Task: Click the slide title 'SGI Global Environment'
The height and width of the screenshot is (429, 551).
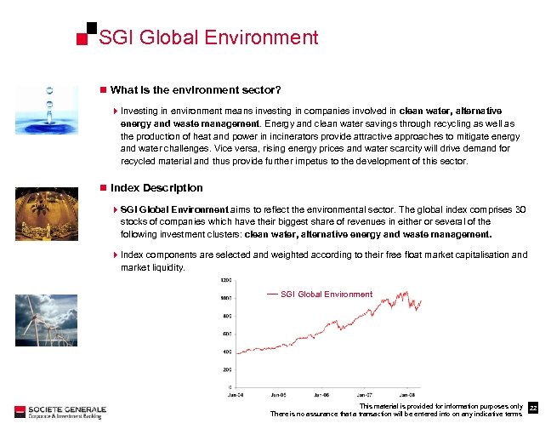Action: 208,37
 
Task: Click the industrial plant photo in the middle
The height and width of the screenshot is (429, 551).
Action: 50,214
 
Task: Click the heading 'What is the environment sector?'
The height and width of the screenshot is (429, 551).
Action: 196,90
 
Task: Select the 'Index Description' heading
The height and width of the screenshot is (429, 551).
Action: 156,187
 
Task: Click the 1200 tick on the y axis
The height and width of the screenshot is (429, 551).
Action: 226,280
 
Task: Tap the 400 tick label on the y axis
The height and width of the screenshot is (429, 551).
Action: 227,352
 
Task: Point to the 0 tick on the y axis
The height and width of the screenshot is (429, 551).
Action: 230,387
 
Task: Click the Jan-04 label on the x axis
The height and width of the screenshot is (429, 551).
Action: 237,395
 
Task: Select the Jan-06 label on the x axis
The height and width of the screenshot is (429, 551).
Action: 322,395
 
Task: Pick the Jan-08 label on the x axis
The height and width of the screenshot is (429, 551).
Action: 407,395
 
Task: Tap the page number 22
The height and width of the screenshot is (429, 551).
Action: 533,409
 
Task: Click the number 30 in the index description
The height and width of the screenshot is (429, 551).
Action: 521,209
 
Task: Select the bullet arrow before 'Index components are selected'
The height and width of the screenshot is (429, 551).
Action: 116,255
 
